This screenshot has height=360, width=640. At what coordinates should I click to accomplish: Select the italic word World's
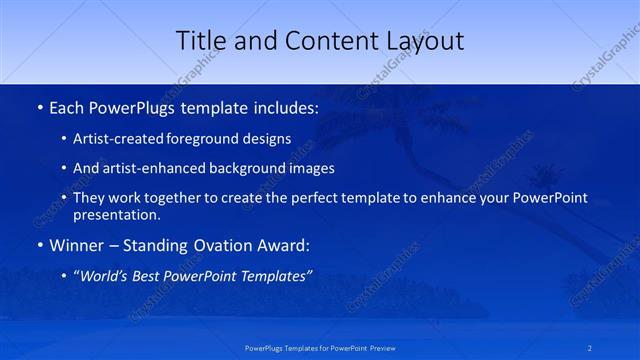pyautogui.click(x=104, y=276)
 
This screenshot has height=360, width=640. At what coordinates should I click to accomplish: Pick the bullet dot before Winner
pyautogui.click(x=38, y=245)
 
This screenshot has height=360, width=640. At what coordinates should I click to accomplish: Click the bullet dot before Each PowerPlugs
pyautogui.click(x=38, y=106)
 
